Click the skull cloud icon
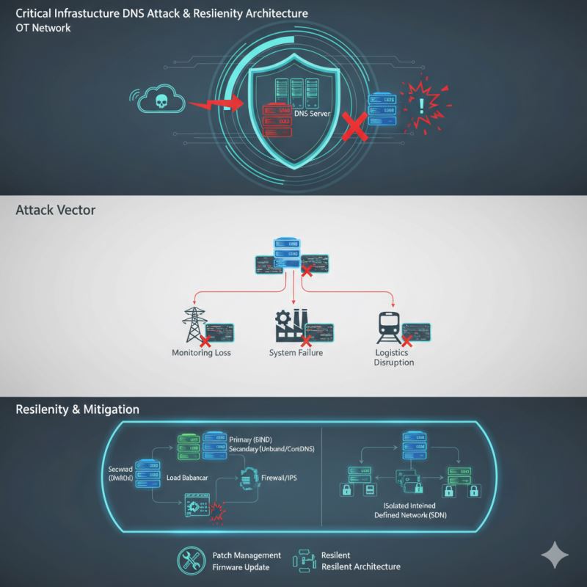(x=159, y=100)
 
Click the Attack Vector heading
(x=55, y=210)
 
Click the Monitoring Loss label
(x=201, y=353)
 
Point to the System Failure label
(x=296, y=353)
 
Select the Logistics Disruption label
(x=394, y=357)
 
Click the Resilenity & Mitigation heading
(x=77, y=409)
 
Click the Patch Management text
(x=247, y=555)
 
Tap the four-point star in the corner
(x=555, y=555)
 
